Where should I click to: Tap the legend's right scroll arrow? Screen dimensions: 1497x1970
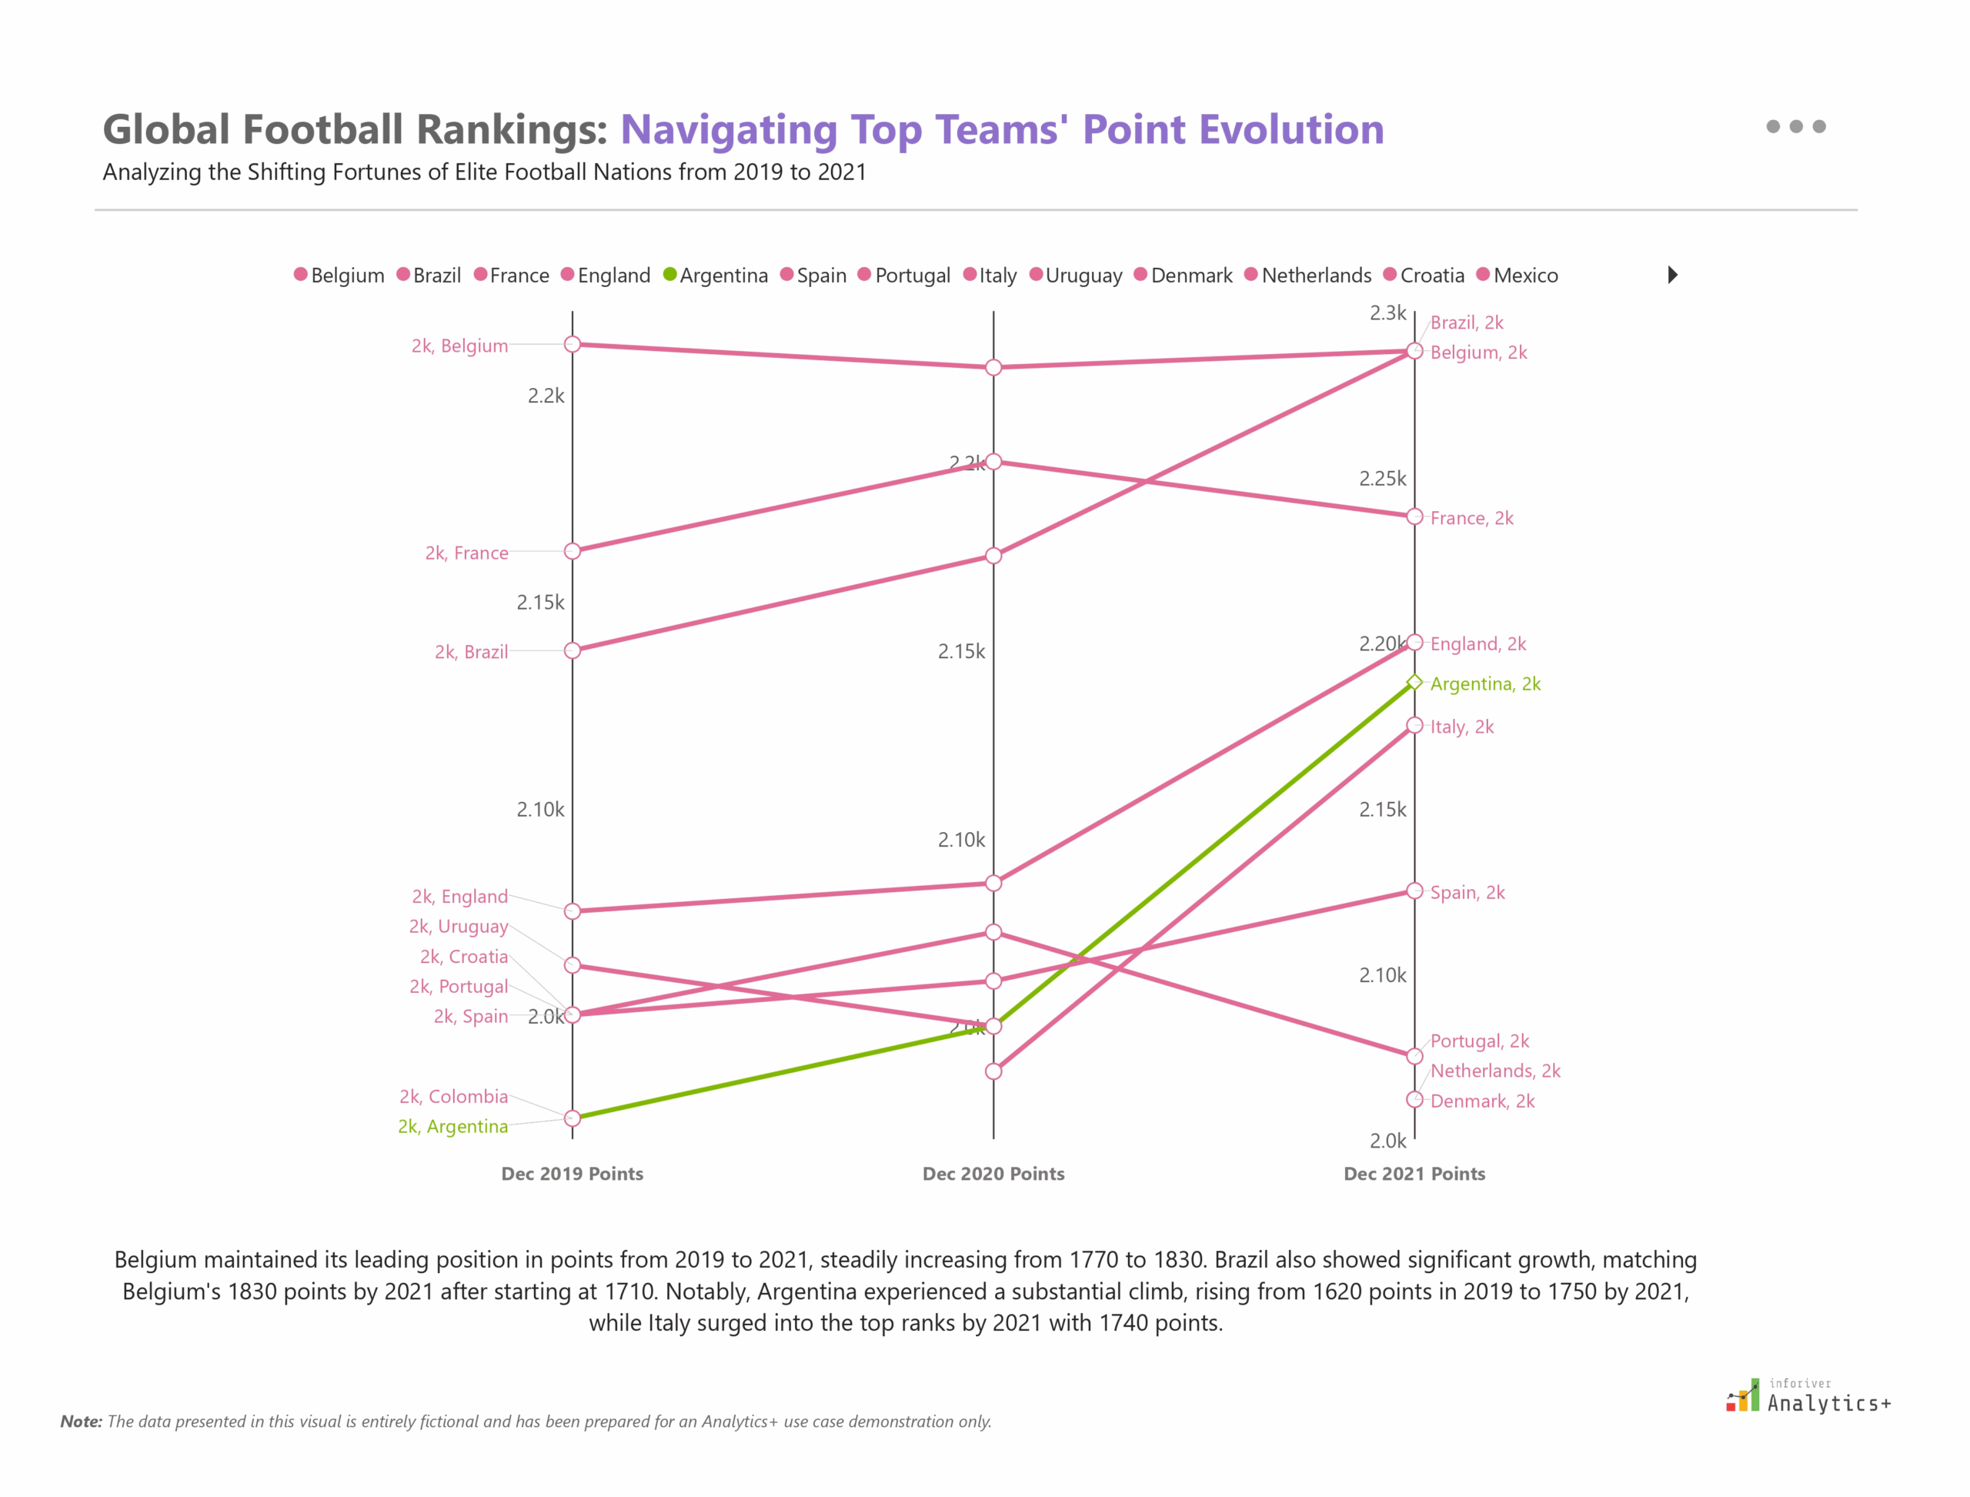[1672, 275]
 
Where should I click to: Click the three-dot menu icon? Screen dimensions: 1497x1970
[1795, 126]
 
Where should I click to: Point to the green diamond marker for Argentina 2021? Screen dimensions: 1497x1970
[1414, 683]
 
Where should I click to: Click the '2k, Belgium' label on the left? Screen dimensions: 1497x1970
[459, 346]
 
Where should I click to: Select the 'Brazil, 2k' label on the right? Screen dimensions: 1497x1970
[1467, 322]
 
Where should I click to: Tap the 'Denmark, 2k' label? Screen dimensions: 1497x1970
[1481, 1101]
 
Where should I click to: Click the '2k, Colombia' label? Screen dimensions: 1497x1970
[453, 1097]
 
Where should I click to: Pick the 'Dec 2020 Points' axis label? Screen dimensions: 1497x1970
[993, 1174]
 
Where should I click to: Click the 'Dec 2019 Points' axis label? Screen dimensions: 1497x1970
[572, 1174]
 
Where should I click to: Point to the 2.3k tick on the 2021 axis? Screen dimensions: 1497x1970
[1387, 312]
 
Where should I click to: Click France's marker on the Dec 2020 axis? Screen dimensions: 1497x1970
[993, 462]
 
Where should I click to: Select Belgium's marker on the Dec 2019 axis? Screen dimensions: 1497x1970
[573, 344]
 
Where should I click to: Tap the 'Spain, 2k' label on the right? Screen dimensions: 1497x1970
[1467, 893]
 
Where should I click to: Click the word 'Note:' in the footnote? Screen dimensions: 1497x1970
[81, 1422]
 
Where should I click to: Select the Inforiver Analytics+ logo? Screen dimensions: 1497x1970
[1807, 1396]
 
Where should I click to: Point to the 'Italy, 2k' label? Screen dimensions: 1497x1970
[1461, 727]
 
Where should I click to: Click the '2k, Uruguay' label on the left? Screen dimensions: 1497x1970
[459, 927]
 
